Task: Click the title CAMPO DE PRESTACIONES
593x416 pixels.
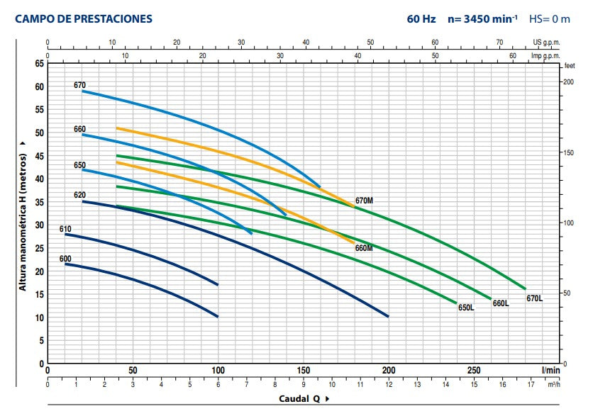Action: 84,19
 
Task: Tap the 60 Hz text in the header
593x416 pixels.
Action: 421,19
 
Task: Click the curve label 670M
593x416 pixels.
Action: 364,201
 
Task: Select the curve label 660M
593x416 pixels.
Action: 364,248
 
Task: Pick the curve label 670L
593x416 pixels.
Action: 534,298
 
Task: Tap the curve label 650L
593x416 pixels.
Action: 466,308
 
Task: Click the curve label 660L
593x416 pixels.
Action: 500,303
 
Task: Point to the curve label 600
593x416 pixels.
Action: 65,259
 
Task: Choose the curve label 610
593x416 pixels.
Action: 65,229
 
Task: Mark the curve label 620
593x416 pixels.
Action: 79,195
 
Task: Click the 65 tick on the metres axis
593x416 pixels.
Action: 39,64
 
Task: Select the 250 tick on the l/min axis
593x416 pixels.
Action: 474,370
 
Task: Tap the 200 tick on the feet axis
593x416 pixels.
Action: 567,82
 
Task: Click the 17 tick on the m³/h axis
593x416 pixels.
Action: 531,386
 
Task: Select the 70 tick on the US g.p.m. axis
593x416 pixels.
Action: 499,42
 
